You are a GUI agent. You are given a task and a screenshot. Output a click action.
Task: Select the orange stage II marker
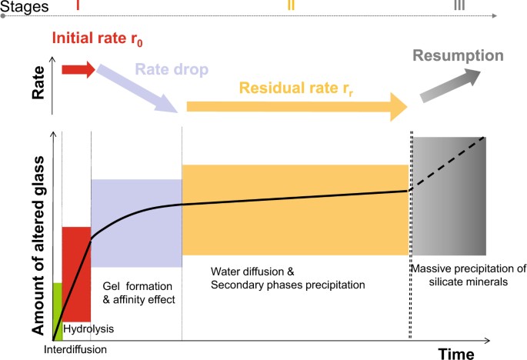(290, 5)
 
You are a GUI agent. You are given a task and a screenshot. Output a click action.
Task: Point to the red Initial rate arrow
(78, 71)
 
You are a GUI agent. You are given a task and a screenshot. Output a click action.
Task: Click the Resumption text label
(458, 55)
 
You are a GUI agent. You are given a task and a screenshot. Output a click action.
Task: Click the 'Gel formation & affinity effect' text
(136, 292)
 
